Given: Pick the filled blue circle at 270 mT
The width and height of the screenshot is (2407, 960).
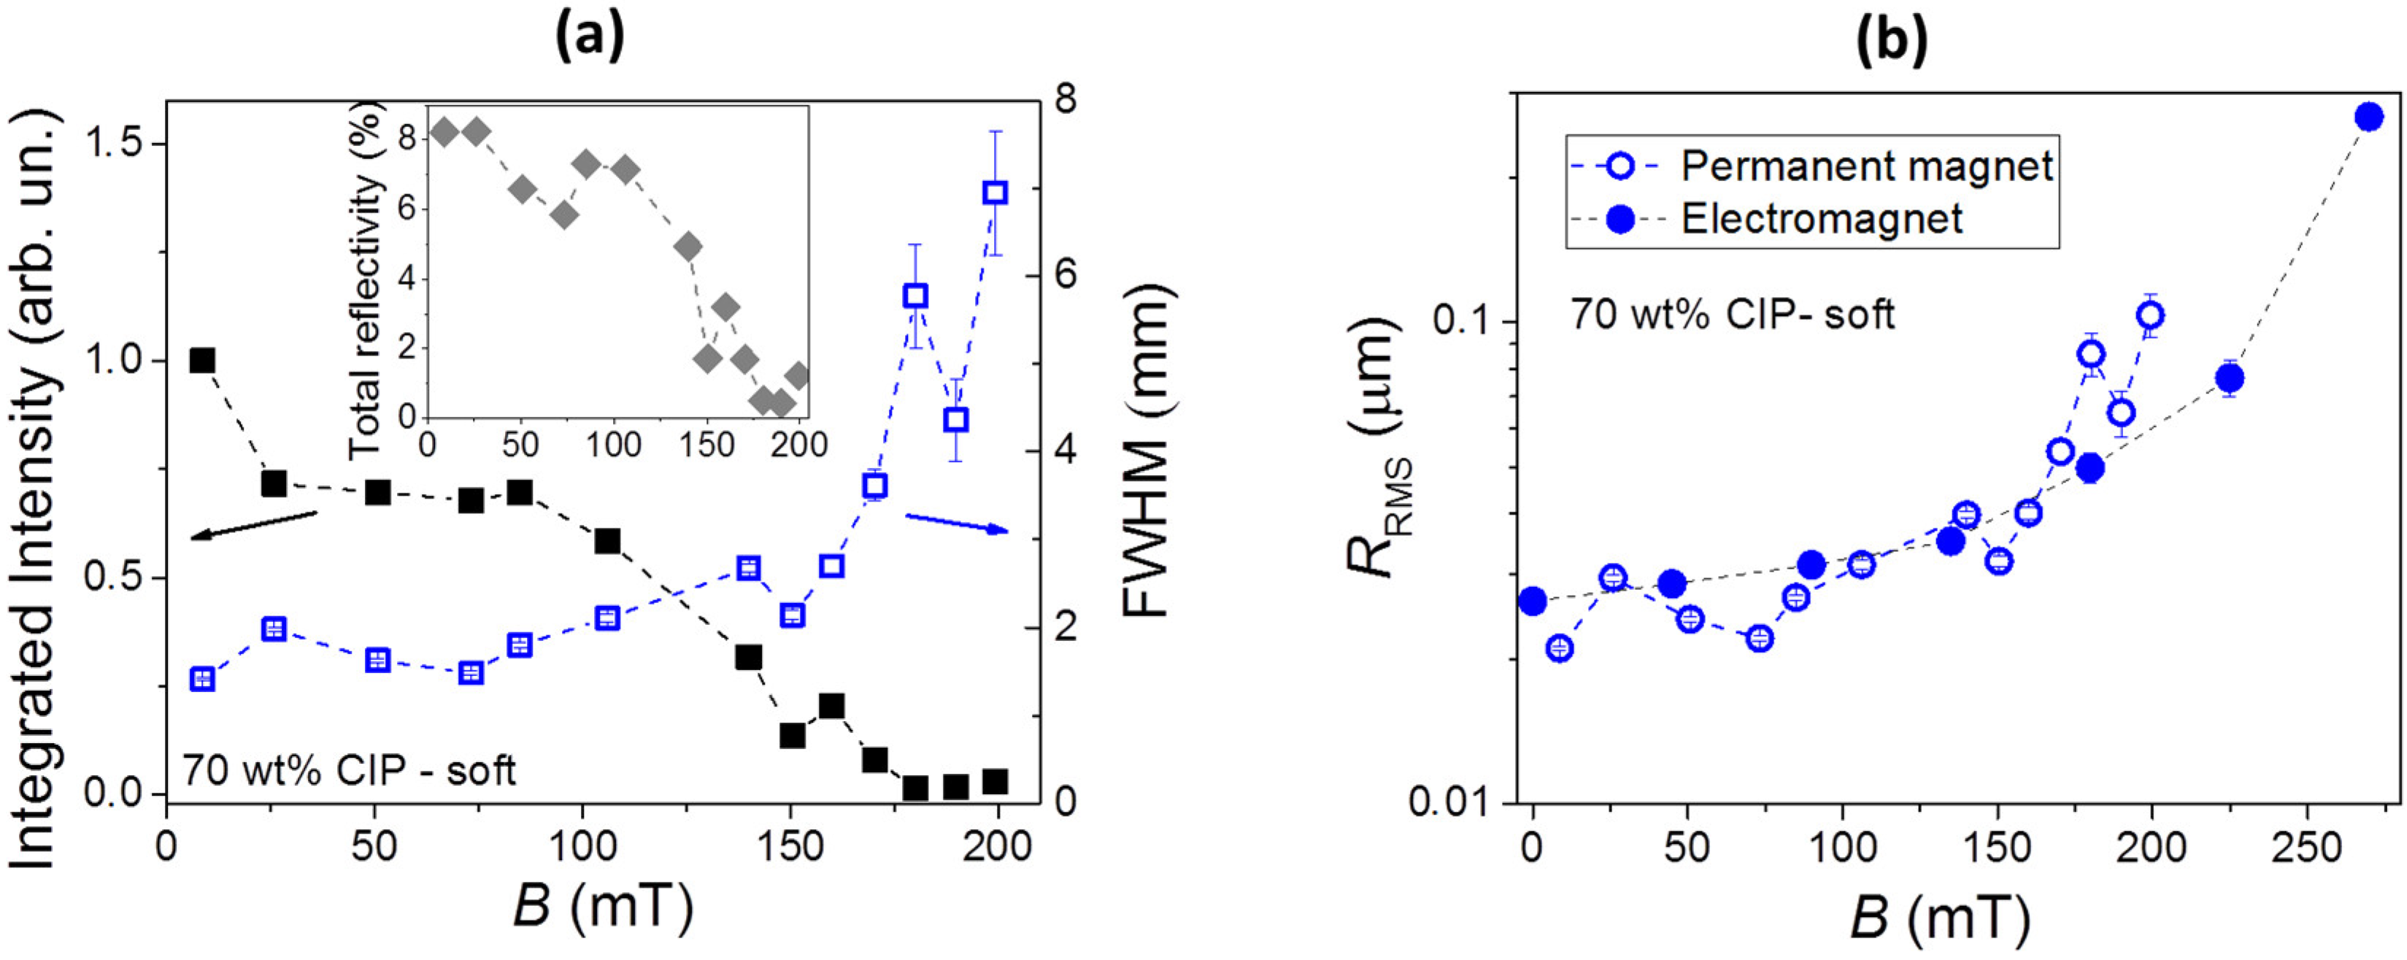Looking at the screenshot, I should coord(2369,117).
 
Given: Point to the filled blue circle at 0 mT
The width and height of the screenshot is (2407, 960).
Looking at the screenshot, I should coord(1533,601).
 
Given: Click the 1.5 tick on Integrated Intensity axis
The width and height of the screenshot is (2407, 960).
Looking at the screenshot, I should coord(117,144).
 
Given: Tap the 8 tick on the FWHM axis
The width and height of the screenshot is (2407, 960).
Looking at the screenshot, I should coord(1066,100).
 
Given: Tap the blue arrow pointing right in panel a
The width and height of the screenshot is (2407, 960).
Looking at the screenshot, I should coord(957,523).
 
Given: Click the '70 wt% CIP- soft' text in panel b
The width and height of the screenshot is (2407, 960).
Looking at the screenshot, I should coord(1731,315).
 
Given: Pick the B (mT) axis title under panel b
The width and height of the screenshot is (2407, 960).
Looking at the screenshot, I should coord(1941,919).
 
